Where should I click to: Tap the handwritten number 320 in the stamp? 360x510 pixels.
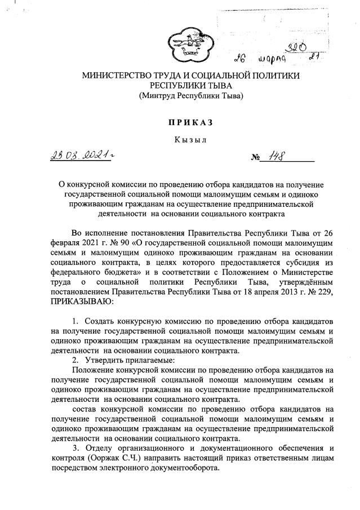point(298,46)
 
